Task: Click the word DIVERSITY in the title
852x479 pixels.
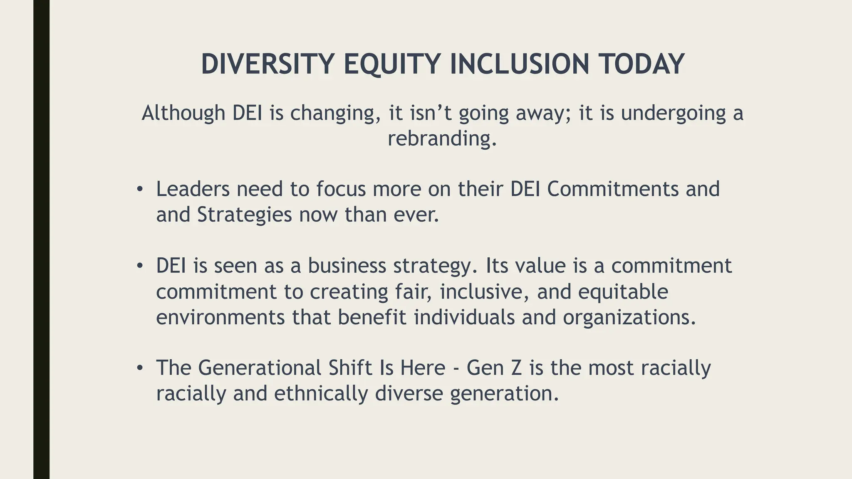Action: pos(267,64)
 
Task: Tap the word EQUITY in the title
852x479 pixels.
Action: pos(392,64)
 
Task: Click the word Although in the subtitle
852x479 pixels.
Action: pos(183,113)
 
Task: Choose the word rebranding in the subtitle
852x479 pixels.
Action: pos(442,138)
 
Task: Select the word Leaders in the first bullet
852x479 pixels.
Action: pos(193,189)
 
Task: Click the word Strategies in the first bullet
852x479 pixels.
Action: pos(244,215)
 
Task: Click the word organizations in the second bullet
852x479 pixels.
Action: pos(629,318)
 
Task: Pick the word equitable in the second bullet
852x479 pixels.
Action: pos(623,292)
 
